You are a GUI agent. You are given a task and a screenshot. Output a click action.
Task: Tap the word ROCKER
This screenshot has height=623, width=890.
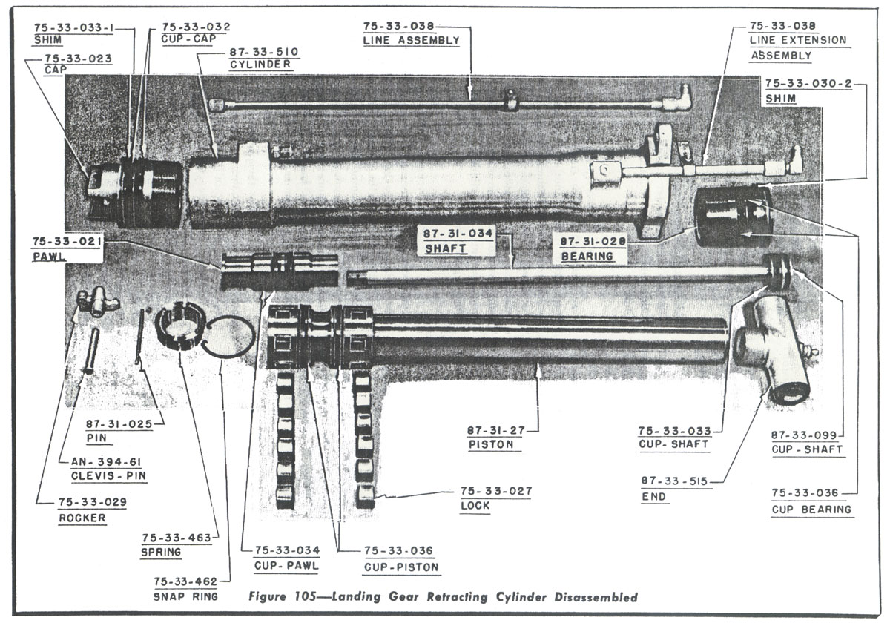(82, 518)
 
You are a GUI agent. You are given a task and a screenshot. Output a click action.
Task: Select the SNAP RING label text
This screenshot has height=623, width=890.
(185, 596)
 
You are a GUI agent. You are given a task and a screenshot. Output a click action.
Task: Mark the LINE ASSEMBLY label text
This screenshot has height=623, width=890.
(411, 40)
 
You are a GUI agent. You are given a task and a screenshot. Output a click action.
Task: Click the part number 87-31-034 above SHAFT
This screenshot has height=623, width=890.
(458, 234)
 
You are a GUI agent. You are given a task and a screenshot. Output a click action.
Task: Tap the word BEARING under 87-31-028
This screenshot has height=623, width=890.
(587, 256)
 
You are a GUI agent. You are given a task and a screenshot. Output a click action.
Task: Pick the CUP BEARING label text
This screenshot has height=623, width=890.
(811, 509)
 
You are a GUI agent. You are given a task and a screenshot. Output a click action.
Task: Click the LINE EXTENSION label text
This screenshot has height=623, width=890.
(797, 40)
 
